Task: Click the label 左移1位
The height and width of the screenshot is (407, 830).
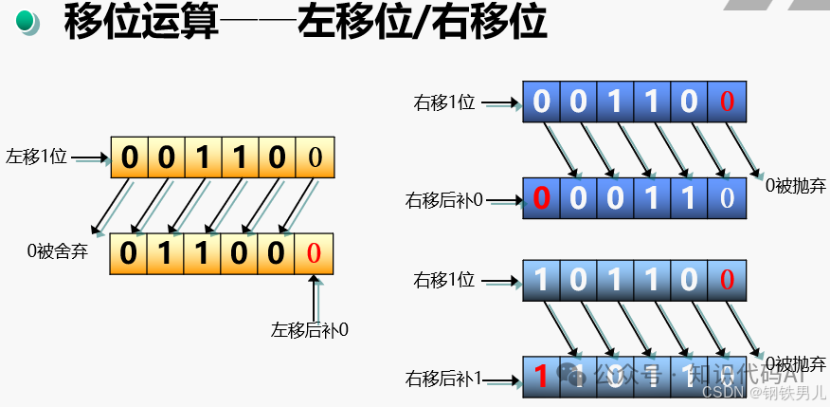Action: (x=37, y=157)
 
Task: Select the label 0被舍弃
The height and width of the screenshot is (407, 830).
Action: (x=57, y=251)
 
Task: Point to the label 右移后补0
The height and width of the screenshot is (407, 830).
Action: (x=444, y=199)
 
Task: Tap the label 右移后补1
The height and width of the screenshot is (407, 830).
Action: (x=444, y=378)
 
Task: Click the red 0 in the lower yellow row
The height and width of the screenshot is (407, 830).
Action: (x=315, y=253)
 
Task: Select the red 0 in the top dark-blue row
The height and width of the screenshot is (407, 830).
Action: (x=727, y=101)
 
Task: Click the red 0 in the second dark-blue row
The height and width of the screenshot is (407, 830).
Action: (x=541, y=198)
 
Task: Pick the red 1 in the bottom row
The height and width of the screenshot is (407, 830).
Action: (x=541, y=377)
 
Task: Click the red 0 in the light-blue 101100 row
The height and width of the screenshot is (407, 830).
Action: (x=727, y=280)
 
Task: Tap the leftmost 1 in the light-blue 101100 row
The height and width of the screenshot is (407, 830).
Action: (x=541, y=280)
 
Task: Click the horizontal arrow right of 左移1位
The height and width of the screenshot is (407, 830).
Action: (x=91, y=158)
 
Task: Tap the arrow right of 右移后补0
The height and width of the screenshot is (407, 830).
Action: (x=504, y=200)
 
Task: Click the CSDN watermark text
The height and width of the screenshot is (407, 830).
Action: (x=724, y=391)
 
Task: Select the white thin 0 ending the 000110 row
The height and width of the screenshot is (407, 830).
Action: (x=727, y=198)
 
